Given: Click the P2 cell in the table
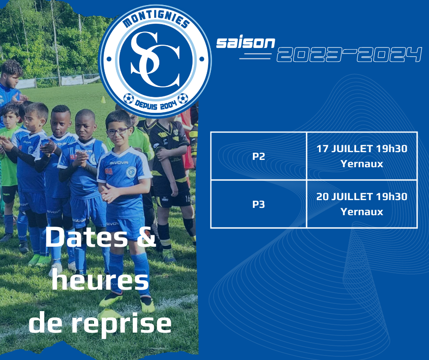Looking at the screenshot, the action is coord(259,156).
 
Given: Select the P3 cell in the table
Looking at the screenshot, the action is coord(259,204).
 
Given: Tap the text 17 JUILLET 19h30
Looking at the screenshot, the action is coord(362,148).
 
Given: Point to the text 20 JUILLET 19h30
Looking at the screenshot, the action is coord(362,196).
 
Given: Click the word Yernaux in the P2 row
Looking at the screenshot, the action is coord(362,164).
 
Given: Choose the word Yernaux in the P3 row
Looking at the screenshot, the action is coord(362,212).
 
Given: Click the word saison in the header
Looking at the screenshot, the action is coord(246,43).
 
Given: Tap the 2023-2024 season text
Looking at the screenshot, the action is coord(349,54).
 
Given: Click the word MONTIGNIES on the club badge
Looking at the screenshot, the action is coord(156,19).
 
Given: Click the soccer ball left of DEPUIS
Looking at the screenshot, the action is coord(128,98).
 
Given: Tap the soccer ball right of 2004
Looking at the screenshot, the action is coord(183,98).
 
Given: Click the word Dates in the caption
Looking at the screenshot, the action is coord(86,237).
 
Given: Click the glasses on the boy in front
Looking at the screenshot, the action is coord(117,132).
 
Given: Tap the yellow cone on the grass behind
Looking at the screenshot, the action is coord(103,100).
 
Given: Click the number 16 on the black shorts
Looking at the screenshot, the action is coord(188,199).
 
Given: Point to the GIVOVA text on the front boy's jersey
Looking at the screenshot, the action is coord(119,163).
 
